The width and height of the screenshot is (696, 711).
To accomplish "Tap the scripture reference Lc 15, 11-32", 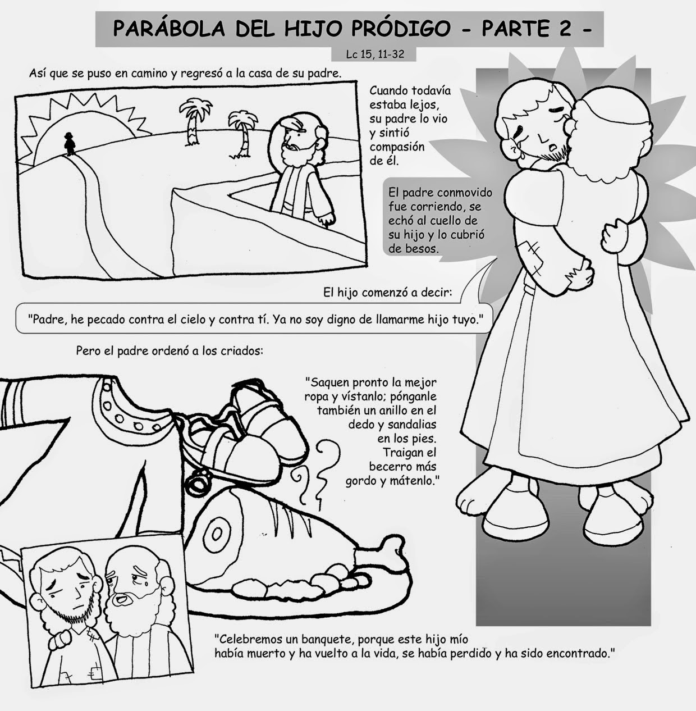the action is click(x=375, y=54).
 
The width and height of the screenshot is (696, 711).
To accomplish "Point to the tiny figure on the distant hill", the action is click(x=69, y=144).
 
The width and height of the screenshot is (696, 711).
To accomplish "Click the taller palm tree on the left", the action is click(x=193, y=121).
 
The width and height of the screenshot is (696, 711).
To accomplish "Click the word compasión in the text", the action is click(x=397, y=147).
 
